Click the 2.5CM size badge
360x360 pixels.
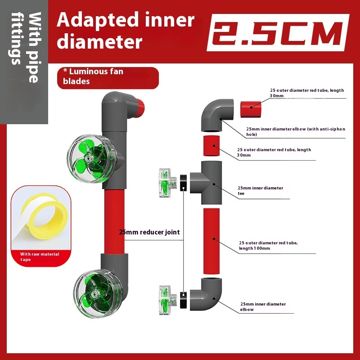click(278, 32)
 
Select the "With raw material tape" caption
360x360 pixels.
click(40, 256)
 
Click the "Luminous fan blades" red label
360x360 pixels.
click(108, 78)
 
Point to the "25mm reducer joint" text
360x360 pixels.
click(149, 232)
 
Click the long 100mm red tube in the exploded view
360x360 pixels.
click(211, 241)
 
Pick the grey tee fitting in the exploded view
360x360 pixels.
click(206, 183)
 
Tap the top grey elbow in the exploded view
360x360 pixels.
click(217, 115)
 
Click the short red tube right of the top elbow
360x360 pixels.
click(251, 109)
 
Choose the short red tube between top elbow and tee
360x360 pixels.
click(211, 145)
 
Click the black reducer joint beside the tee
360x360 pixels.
click(183, 183)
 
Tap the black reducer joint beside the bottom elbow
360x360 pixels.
click(183, 300)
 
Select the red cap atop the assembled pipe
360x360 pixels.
click(139, 108)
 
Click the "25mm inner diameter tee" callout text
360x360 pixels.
click(260, 190)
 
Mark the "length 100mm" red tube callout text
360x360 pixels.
click(268, 245)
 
